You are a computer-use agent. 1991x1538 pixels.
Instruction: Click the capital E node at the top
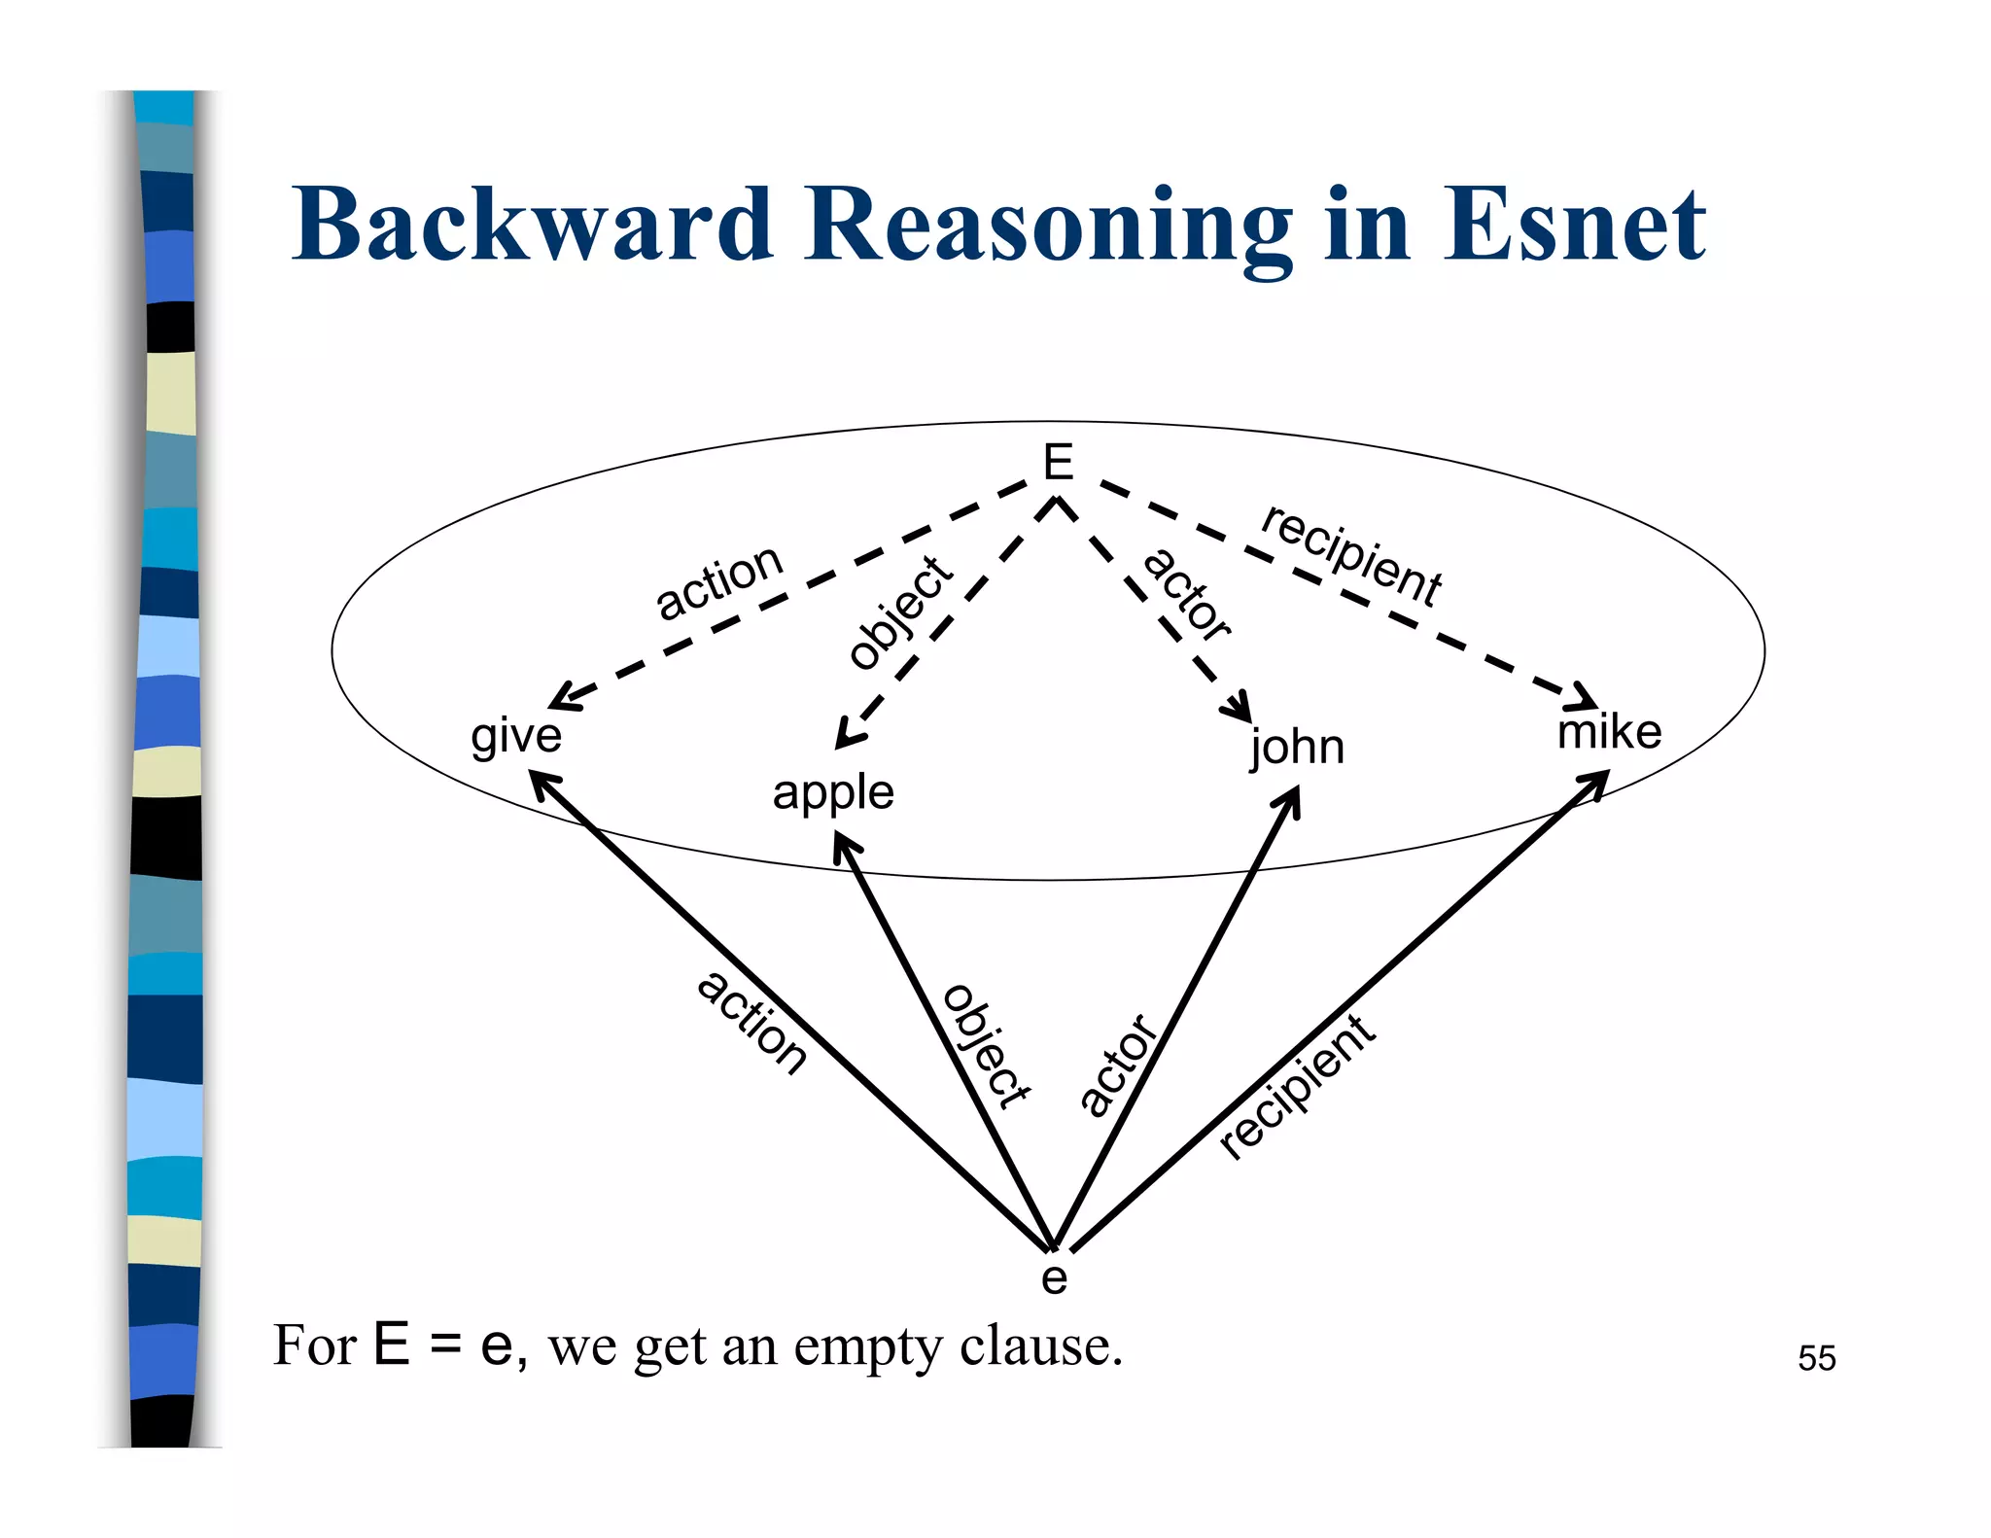[x=1058, y=462]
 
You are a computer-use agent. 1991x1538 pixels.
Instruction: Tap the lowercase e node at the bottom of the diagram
[x=1054, y=1277]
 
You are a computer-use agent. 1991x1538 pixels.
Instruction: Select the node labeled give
[x=516, y=736]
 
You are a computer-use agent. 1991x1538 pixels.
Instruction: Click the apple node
[x=833, y=792]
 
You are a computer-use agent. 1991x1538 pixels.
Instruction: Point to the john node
[x=1297, y=748]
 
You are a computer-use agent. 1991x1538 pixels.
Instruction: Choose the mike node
[x=1609, y=731]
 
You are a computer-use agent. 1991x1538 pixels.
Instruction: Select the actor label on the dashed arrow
[x=1187, y=595]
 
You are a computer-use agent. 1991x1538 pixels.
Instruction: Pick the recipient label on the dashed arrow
[x=1351, y=556]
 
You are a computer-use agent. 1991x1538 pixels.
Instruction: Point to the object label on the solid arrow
[x=986, y=1045]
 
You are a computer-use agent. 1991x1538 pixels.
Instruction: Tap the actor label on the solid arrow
[x=1119, y=1065]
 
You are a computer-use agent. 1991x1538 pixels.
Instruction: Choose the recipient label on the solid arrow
[x=1297, y=1086]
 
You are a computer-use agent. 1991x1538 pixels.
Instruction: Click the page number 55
[x=1816, y=1358]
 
